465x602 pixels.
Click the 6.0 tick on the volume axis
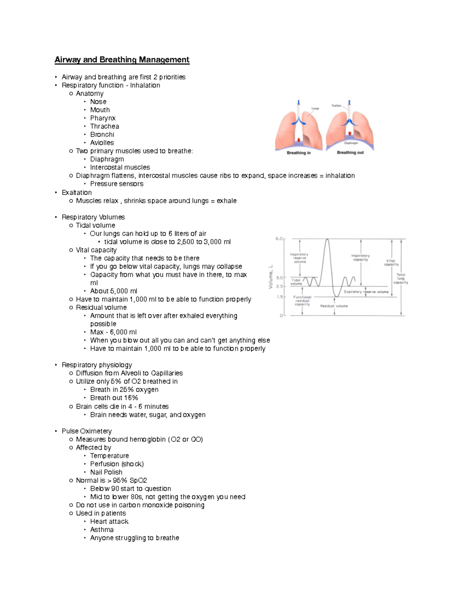tap(279, 239)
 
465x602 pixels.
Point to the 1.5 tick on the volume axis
tap(280, 297)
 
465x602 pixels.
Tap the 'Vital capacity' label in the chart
tap(391, 262)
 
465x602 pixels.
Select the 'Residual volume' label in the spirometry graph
tap(334, 306)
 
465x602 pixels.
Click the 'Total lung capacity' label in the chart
tap(401, 278)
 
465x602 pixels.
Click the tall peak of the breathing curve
tap(327, 240)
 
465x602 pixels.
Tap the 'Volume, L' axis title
tap(271, 277)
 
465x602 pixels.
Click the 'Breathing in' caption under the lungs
tap(298, 153)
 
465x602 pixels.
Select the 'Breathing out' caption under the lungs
tap(350, 152)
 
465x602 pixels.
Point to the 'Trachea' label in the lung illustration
tap(336, 105)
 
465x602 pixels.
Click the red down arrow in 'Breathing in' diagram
tap(298, 140)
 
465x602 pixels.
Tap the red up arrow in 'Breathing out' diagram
tap(350, 133)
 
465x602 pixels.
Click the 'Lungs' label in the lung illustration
tap(315, 109)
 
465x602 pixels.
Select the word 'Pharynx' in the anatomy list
tap(103, 118)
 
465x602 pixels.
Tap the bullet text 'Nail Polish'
tap(106, 472)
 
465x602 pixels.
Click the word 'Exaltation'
tap(77, 193)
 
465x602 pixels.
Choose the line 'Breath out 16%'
tap(114, 398)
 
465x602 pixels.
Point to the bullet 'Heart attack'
tap(109, 521)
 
